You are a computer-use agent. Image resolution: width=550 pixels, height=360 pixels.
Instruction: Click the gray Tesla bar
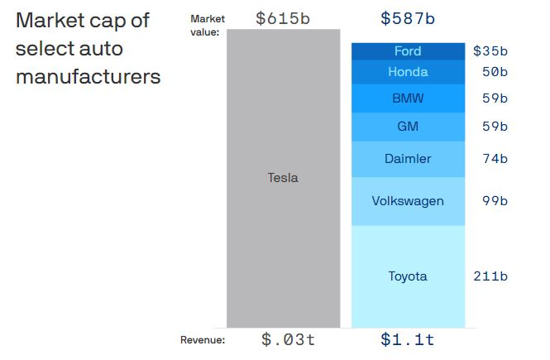(x=283, y=178)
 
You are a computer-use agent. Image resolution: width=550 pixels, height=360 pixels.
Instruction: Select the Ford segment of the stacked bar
(x=408, y=51)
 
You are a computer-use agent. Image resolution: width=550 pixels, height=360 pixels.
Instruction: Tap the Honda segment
(x=408, y=72)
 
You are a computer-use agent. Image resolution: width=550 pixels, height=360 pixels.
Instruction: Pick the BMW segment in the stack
(x=408, y=98)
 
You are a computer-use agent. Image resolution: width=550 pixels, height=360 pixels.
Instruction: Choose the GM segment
(x=408, y=127)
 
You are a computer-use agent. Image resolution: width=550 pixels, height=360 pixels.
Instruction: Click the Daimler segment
(x=408, y=158)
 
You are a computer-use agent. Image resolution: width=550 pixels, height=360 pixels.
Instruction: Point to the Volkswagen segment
(x=408, y=200)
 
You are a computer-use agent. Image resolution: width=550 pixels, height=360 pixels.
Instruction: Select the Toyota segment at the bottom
(x=408, y=276)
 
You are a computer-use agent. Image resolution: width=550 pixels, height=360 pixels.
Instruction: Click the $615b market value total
(x=283, y=17)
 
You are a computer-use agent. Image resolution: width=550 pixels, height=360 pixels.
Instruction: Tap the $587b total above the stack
(x=408, y=17)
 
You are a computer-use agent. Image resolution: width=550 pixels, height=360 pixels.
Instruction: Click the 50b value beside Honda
(x=495, y=72)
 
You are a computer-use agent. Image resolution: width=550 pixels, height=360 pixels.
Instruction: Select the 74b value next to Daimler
(x=495, y=158)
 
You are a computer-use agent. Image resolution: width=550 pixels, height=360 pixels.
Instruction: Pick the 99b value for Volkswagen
(x=495, y=200)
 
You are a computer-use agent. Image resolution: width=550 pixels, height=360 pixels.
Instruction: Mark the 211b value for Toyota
(x=490, y=276)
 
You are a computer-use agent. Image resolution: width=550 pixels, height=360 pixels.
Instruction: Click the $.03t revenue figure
(x=288, y=339)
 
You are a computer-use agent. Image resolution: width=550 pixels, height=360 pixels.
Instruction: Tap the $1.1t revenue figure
(x=408, y=339)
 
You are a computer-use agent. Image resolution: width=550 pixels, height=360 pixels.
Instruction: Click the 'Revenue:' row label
(x=203, y=339)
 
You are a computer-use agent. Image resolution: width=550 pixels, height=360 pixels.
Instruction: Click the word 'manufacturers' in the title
(x=88, y=77)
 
